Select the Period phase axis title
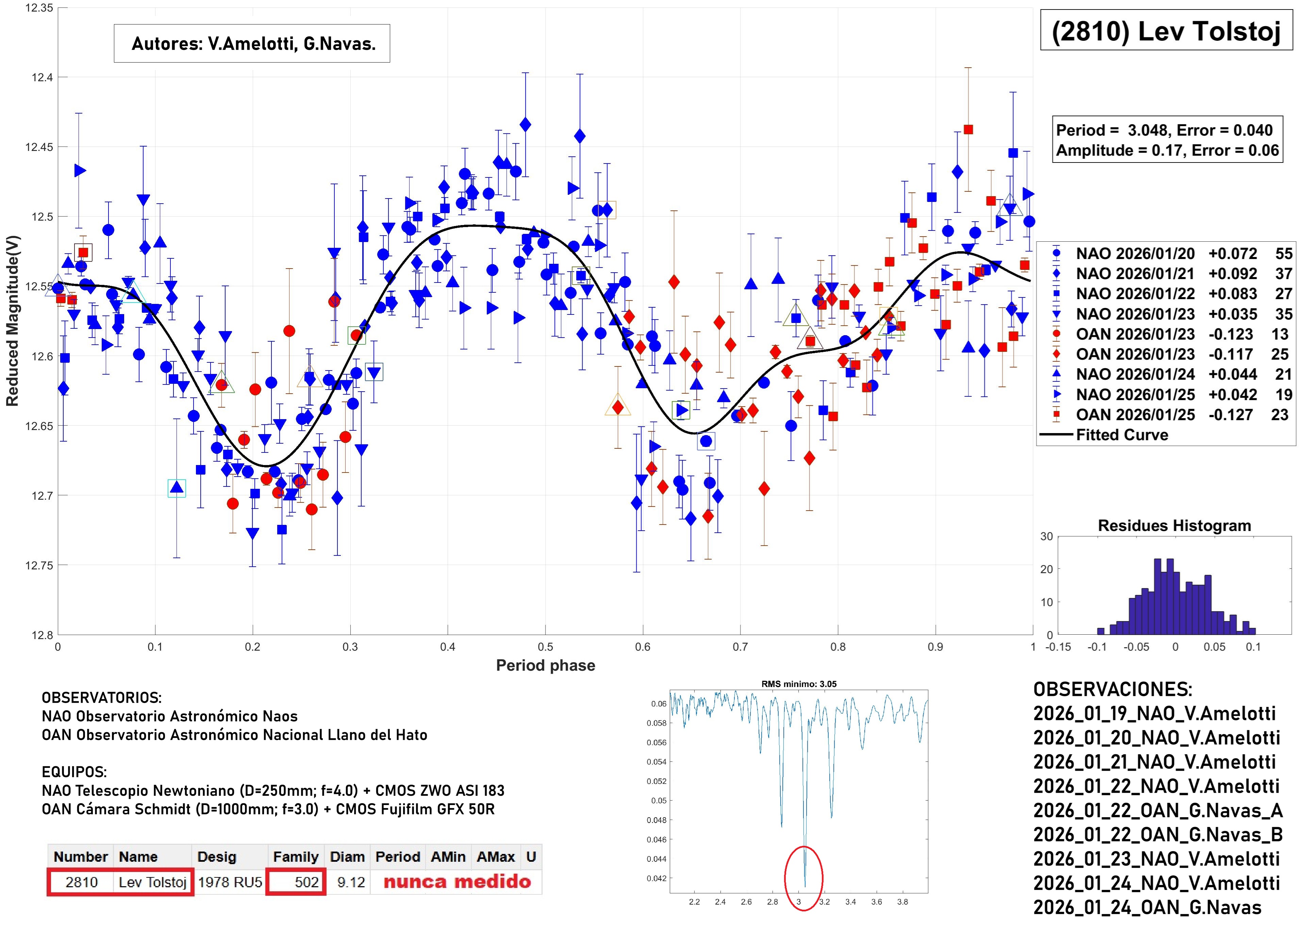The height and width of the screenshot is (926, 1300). click(x=545, y=665)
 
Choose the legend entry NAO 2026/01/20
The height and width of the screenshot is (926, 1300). click(x=1135, y=254)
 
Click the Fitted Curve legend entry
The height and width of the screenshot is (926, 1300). click(x=1121, y=435)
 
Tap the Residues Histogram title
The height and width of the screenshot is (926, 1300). click(x=1174, y=526)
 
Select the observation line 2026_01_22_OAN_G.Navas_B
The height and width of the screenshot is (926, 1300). click(x=1157, y=835)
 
